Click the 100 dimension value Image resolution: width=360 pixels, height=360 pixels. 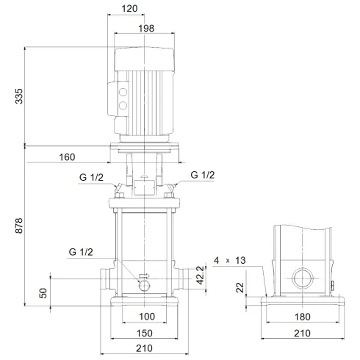point(146,317)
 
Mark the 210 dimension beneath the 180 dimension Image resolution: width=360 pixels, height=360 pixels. point(302,333)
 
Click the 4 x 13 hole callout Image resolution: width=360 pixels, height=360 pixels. point(234,259)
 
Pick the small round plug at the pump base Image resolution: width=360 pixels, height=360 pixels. point(145,283)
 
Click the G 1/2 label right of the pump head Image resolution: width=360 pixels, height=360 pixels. point(203,175)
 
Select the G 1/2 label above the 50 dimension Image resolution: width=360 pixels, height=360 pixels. point(82,252)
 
